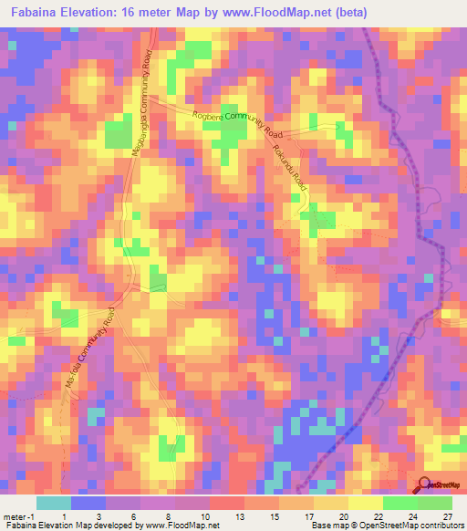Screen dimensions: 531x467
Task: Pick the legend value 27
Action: point(446,515)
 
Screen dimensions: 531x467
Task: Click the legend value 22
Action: point(378,515)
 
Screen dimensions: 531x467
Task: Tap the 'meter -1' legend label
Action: point(19,515)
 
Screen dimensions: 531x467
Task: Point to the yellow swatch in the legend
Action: point(366,503)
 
